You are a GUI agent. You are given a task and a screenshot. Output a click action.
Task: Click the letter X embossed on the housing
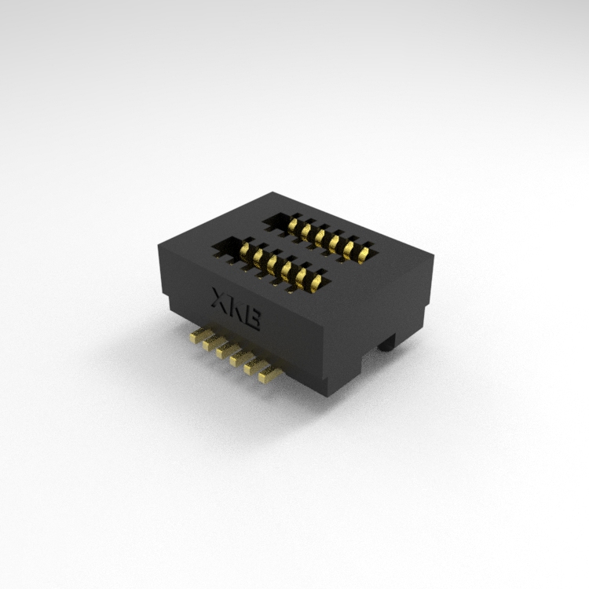coord(220,299)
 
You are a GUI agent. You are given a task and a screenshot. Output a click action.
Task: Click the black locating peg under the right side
coord(387,342)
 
